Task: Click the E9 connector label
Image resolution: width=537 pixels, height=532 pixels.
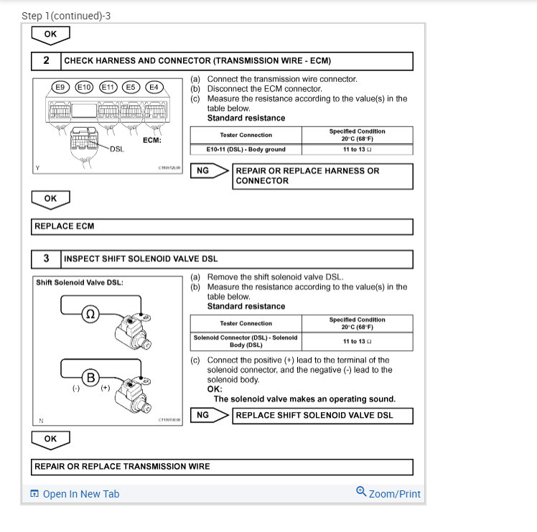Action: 60,87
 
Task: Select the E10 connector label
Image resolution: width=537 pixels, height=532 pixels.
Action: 84,87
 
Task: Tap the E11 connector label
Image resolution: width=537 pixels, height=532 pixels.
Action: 108,87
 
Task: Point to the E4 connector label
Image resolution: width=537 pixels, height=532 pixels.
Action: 154,87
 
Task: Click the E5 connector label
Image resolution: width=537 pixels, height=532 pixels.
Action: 131,87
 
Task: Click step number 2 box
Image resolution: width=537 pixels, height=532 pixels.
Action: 47,61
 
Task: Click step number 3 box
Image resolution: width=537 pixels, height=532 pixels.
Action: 47,258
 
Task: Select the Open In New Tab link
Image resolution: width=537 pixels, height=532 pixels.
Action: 75,494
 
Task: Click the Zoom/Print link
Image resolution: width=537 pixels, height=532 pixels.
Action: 388,494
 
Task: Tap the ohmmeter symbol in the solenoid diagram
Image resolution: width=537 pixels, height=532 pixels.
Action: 90,314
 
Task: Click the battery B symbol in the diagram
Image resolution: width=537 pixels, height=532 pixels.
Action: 90,377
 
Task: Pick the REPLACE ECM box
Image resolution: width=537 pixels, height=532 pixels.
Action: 223,227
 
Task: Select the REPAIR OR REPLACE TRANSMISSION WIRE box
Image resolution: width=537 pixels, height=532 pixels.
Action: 223,467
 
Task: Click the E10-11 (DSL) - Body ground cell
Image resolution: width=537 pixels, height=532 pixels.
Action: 246,149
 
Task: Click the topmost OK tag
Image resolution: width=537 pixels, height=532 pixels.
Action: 50,34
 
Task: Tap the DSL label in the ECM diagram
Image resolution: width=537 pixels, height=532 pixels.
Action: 116,149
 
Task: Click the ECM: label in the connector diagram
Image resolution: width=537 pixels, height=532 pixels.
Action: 152,140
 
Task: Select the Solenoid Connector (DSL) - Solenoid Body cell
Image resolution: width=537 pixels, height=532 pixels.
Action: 246,341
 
